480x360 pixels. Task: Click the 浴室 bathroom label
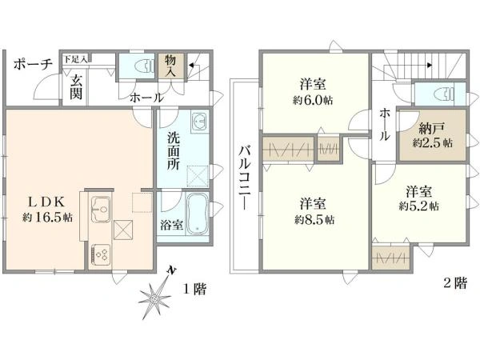(x=172, y=225)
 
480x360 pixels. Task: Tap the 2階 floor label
(x=455, y=283)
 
